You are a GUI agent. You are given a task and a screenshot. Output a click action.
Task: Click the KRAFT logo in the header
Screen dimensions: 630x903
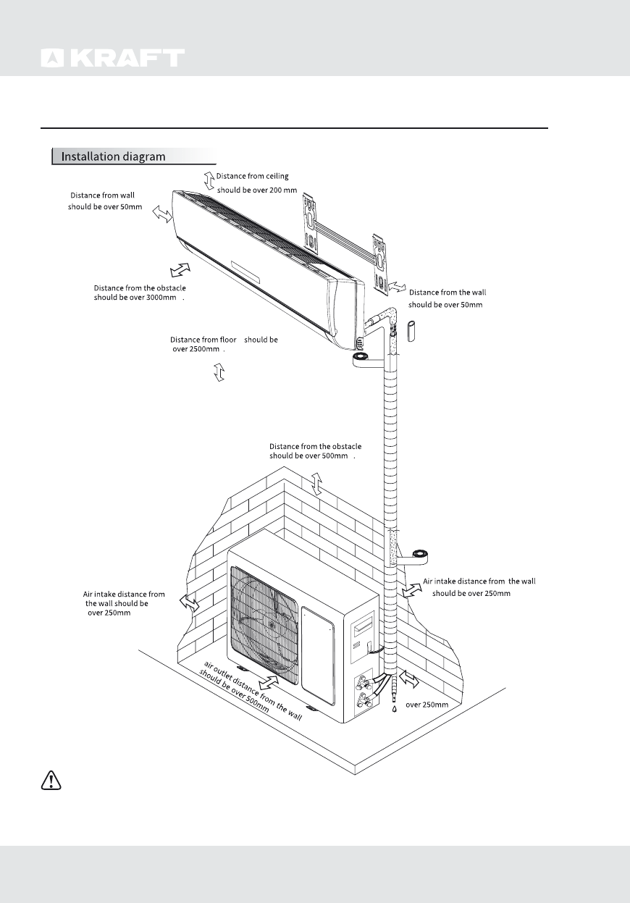pos(112,59)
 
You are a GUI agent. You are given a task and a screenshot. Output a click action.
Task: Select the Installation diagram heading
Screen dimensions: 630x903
pos(113,156)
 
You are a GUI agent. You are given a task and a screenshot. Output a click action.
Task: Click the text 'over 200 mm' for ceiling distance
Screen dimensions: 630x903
pos(257,190)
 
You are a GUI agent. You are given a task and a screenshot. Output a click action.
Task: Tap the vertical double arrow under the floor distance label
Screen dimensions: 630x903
pos(219,372)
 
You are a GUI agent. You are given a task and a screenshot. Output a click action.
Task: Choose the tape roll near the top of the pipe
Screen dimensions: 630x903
pos(360,358)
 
